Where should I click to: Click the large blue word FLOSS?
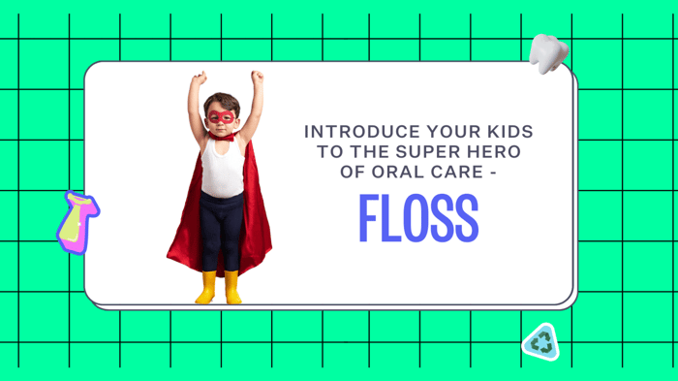[418, 219]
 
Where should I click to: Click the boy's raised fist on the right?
[257, 77]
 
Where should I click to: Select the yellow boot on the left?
[206, 288]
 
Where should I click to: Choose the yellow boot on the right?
[232, 288]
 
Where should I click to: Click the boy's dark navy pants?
[222, 233]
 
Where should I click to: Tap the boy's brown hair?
[222, 101]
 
